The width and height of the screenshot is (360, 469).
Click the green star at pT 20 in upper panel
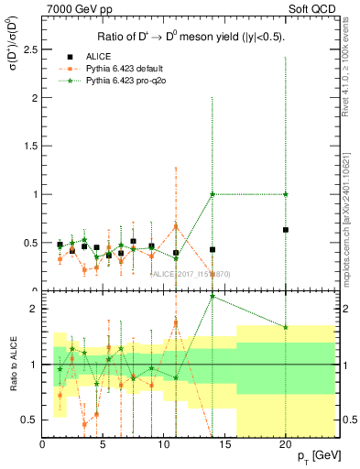coord(286,194)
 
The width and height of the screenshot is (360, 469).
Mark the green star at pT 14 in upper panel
coord(213,194)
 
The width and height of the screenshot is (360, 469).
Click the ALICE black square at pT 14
coord(213,249)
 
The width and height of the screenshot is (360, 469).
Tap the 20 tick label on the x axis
coord(286,444)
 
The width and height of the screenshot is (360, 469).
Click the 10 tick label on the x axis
coord(164,444)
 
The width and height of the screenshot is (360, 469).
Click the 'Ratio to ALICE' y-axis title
coord(11,365)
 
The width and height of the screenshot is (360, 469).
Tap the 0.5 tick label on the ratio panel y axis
coord(29,420)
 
